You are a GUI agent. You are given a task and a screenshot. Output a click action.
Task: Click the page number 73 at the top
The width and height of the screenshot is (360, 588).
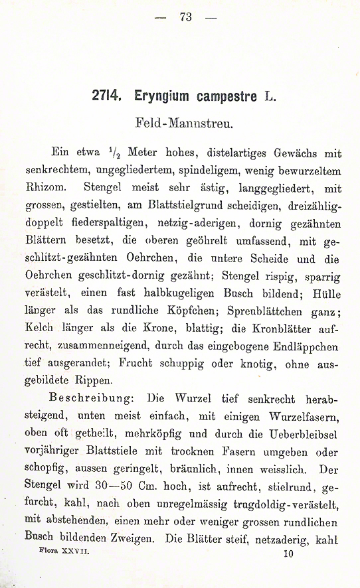185,17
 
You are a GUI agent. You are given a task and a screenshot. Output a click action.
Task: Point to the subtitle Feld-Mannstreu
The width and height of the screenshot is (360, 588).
179,123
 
